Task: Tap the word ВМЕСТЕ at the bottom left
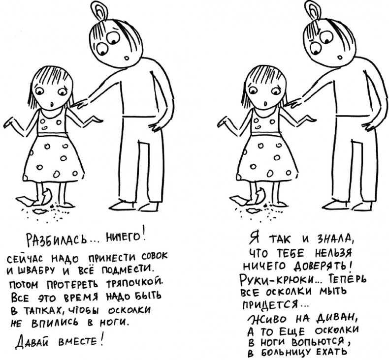[x=76, y=342]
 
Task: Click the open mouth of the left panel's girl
[x=52, y=103]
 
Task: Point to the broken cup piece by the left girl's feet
[x=46, y=197]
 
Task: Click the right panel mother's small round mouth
[x=340, y=58]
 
